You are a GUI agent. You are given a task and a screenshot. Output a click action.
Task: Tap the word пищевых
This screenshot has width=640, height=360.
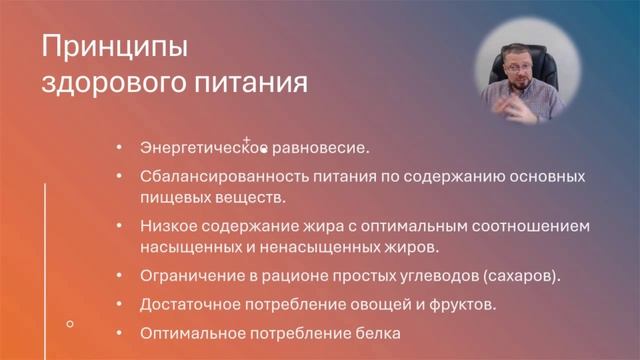(x=170, y=197)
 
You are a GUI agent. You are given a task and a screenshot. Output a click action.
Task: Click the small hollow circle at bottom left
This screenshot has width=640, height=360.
(x=69, y=323)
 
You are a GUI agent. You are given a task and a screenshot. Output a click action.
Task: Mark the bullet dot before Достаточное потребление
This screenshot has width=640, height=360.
(x=120, y=303)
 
